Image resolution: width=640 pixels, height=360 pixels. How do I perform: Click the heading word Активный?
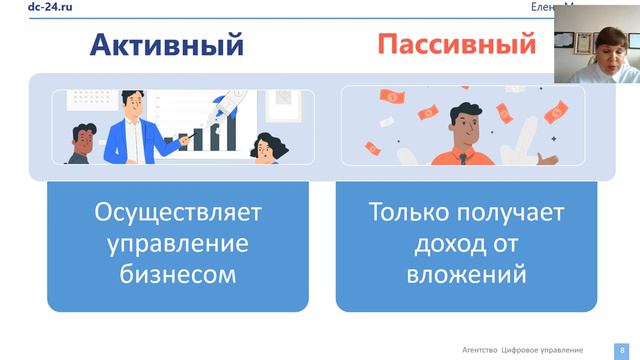click(x=167, y=45)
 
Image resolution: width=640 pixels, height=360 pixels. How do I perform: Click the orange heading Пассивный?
click(x=456, y=45)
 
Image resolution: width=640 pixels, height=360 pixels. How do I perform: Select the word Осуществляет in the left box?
click(x=176, y=213)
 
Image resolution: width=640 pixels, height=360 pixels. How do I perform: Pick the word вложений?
click(x=467, y=273)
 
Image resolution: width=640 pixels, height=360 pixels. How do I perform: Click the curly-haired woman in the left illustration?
click(x=268, y=148)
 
